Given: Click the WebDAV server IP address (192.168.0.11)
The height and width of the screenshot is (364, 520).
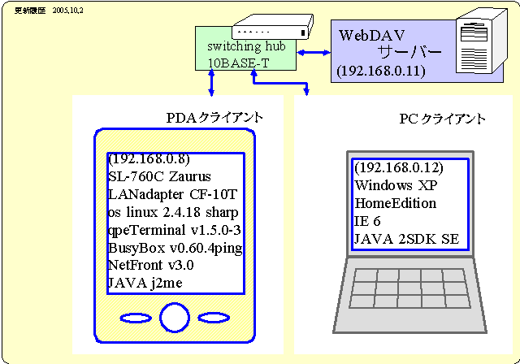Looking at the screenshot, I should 380,71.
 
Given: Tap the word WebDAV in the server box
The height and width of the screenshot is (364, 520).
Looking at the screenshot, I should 371,35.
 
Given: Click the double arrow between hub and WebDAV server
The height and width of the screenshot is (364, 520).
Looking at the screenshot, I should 312,53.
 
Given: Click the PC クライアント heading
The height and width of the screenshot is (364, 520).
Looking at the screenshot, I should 442,119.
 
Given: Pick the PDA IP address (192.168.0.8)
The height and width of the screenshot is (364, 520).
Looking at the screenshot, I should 148,159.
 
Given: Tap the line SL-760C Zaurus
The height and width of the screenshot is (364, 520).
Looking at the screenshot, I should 159,176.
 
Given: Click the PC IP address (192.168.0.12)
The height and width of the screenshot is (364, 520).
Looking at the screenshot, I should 398,168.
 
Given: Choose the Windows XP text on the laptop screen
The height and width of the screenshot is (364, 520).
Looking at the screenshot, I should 392,185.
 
